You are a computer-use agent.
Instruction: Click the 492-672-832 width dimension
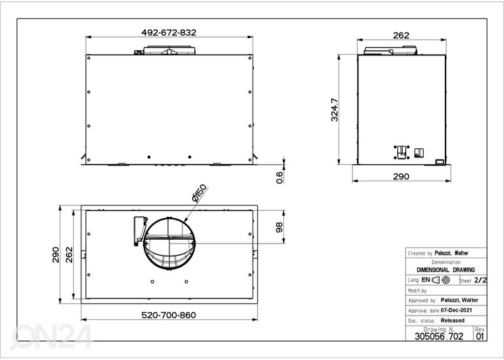click(x=169, y=33)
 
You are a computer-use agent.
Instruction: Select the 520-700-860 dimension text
click(x=169, y=315)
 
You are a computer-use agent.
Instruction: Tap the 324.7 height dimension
click(x=335, y=109)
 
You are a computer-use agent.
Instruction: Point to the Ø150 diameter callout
click(x=199, y=193)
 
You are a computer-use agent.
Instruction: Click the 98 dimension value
click(x=279, y=227)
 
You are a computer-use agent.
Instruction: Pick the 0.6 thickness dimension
click(x=279, y=177)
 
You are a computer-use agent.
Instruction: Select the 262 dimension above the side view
click(x=401, y=36)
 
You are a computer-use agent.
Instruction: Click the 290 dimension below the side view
click(x=401, y=176)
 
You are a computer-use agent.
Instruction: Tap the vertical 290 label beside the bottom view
click(x=55, y=254)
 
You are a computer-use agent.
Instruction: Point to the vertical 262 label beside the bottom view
click(x=69, y=254)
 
